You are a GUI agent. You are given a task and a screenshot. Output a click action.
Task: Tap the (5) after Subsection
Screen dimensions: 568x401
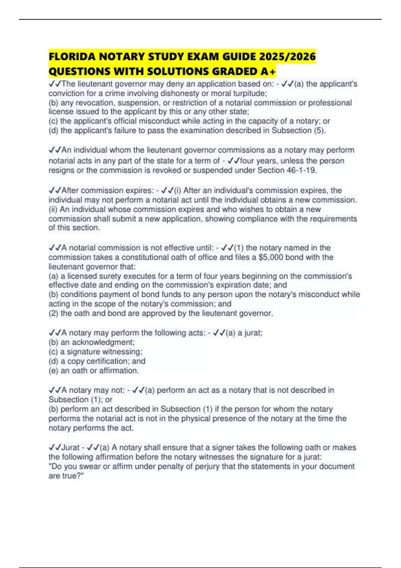click(319, 130)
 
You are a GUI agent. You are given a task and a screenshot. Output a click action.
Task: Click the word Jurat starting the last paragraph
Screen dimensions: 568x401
click(71, 447)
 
